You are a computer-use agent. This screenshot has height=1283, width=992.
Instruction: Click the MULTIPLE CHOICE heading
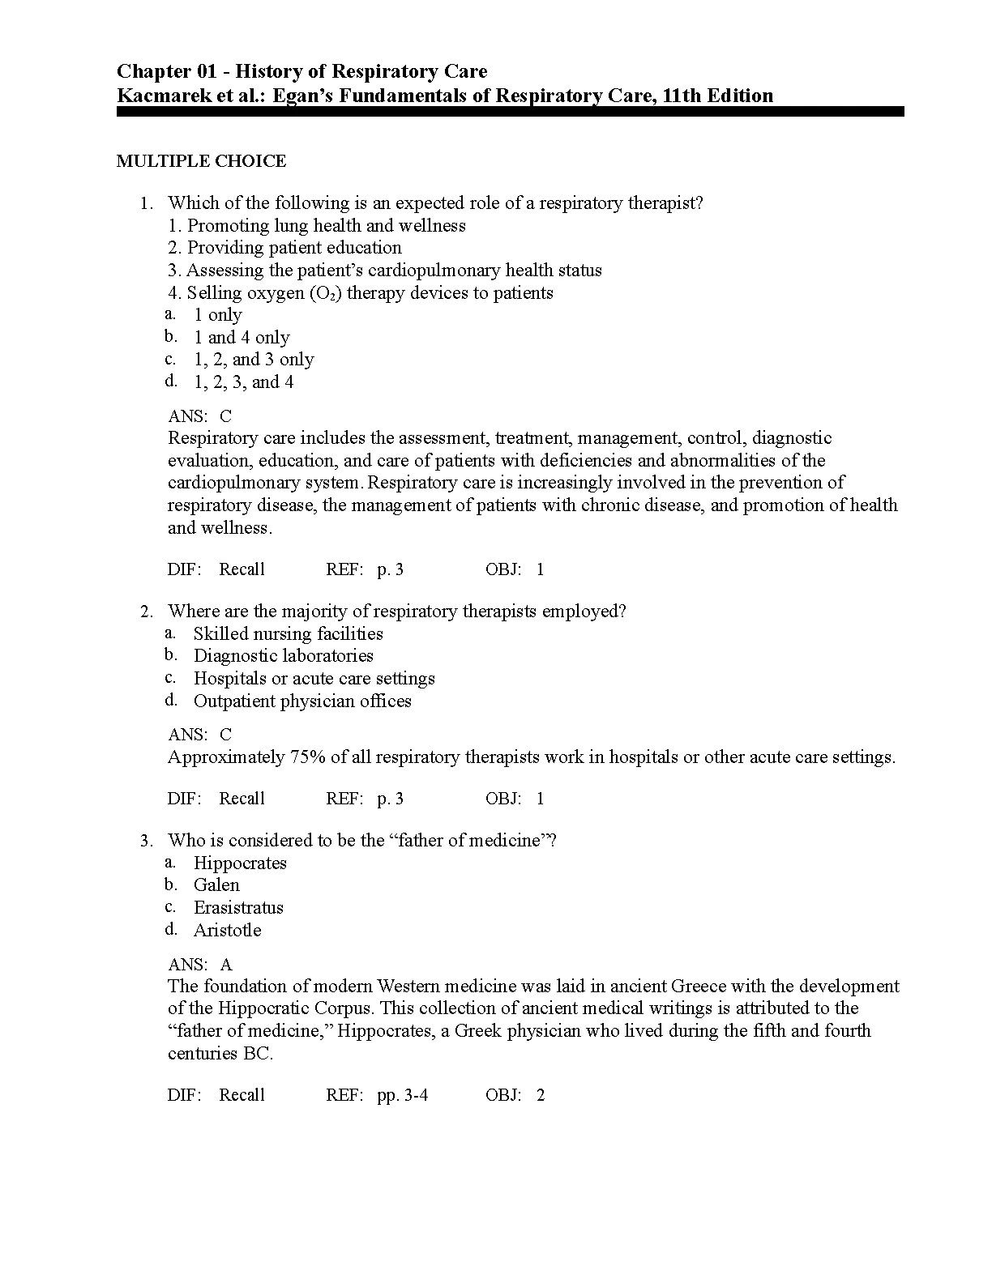tap(201, 161)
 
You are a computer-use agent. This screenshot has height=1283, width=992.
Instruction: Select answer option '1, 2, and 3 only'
tap(253, 360)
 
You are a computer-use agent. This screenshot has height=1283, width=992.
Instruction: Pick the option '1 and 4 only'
tap(241, 338)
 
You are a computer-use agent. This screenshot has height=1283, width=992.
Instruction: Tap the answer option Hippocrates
tap(240, 863)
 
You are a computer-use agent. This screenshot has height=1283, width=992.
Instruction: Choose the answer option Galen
tap(216, 885)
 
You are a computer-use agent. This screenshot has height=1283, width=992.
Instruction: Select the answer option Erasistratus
tap(238, 908)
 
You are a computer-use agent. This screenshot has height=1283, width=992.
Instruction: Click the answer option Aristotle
tap(227, 931)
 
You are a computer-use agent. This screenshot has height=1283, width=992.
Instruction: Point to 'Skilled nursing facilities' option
tap(288, 634)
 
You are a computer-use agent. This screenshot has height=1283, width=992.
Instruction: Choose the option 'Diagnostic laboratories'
tap(283, 656)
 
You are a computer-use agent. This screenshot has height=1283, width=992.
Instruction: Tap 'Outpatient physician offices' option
tap(302, 701)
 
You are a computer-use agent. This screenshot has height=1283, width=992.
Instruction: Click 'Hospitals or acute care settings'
tap(314, 679)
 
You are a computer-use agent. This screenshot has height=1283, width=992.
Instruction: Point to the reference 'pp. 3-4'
tap(402, 1096)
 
